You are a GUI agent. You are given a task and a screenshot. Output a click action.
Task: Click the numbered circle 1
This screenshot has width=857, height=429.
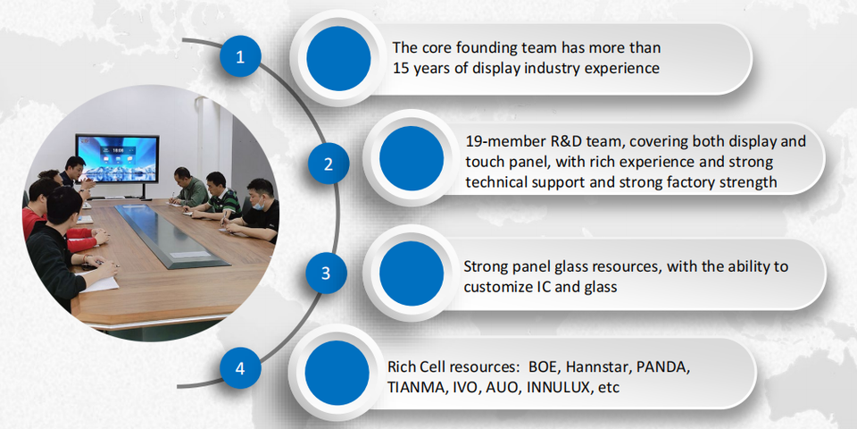240,56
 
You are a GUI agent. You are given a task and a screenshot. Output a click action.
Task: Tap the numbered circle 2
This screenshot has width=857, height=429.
328,163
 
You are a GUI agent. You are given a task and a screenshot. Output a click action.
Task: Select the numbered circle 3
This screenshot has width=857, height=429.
326,273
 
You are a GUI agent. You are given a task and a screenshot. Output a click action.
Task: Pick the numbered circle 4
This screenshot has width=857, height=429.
240,368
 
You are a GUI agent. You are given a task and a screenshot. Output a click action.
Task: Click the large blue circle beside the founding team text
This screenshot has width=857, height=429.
339,58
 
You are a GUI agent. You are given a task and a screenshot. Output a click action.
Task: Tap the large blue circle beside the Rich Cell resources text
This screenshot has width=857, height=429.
337,374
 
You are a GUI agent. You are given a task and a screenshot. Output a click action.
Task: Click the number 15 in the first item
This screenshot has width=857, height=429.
401,69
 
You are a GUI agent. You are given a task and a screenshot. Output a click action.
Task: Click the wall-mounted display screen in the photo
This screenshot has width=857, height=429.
118,159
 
